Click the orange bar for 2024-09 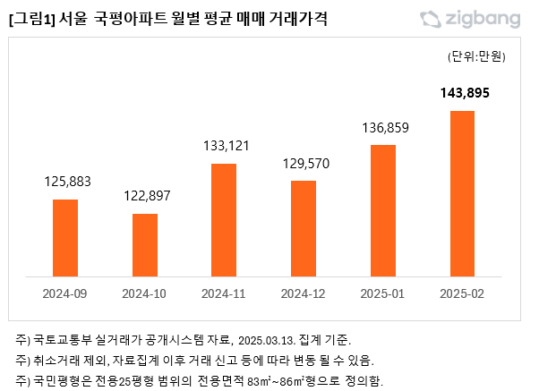pyautogui.click(x=65, y=238)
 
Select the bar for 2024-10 pyautogui.click(x=145, y=245)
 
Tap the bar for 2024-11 pyautogui.click(x=224, y=220)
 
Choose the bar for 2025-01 pyautogui.click(x=382, y=211)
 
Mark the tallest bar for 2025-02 pyautogui.click(x=462, y=194)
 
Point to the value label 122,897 pyautogui.click(x=145, y=196)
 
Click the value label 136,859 pyautogui.click(x=382, y=128)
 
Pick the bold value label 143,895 pyautogui.click(x=462, y=92)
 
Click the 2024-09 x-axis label pyautogui.click(x=65, y=293)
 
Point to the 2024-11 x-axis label pyautogui.click(x=224, y=293)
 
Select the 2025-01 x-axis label pyautogui.click(x=382, y=293)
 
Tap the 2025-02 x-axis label pyautogui.click(x=462, y=293)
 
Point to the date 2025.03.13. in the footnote pyautogui.click(x=267, y=340)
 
